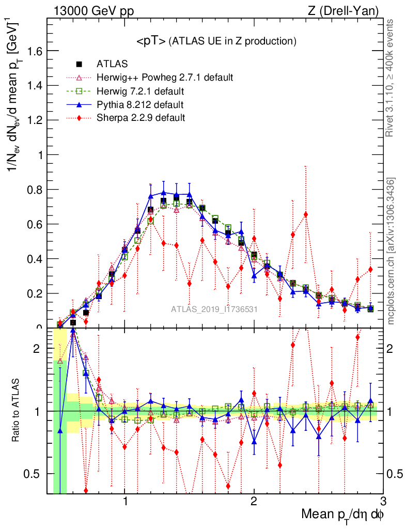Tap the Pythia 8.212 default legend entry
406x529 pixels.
pos(140,105)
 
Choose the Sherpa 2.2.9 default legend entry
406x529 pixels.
pos(141,118)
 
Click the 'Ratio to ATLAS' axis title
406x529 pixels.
pos(15,411)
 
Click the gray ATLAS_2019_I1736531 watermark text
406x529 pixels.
pos(214,310)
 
